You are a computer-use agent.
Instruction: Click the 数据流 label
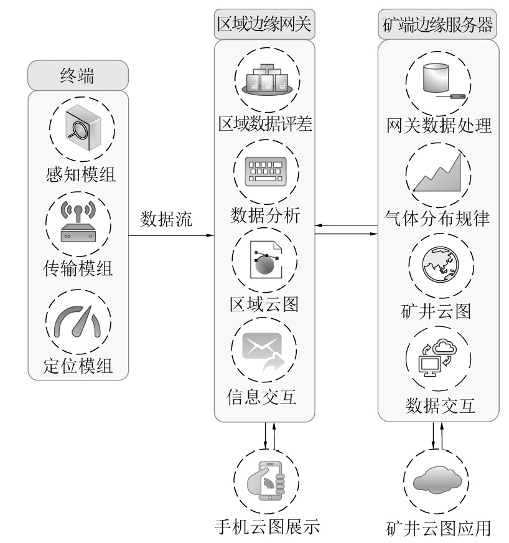(167, 219)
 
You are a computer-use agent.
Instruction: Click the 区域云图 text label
(264, 305)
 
